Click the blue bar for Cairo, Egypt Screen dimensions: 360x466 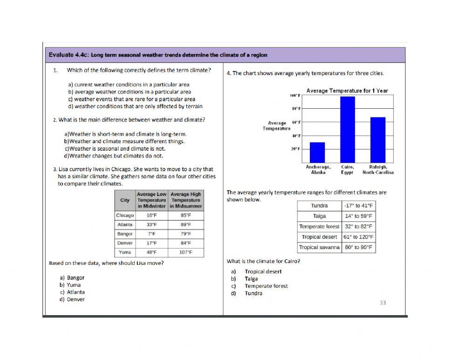click(348, 129)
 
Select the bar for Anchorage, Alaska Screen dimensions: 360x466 click(317, 152)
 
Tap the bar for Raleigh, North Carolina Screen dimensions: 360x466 click(378, 140)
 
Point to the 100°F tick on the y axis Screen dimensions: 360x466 click(295, 95)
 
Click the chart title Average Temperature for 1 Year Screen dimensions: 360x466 click(347, 90)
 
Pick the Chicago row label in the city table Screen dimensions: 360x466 click(124, 215)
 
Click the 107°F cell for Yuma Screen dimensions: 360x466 click(186, 252)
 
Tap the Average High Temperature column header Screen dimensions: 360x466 click(186, 200)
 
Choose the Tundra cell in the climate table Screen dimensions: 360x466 click(320, 206)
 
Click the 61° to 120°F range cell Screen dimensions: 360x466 click(358, 237)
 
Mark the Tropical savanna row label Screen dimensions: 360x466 click(319, 247)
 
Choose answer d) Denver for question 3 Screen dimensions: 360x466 click(72, 299)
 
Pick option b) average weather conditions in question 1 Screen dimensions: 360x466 click(129, 92)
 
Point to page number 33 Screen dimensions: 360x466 click(383, 303)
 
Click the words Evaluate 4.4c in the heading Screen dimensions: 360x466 click(69, 55)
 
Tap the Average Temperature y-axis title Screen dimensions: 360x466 click(277, 126)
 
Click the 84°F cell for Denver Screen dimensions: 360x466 click(186, 243)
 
